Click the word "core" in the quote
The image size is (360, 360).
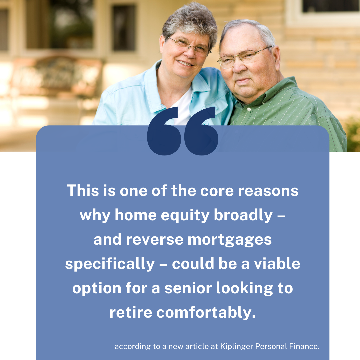(217, 191)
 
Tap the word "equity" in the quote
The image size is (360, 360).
(185, 216)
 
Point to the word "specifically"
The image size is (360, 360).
(110, 264)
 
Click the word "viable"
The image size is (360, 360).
(277, 264)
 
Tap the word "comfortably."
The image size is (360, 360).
(206, 312)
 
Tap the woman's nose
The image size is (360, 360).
(190, 53)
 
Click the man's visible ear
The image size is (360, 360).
(276, 57)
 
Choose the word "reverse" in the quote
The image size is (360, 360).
(155, 240)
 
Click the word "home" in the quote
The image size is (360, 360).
(136, 215)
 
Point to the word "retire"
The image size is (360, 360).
(131, 312)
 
